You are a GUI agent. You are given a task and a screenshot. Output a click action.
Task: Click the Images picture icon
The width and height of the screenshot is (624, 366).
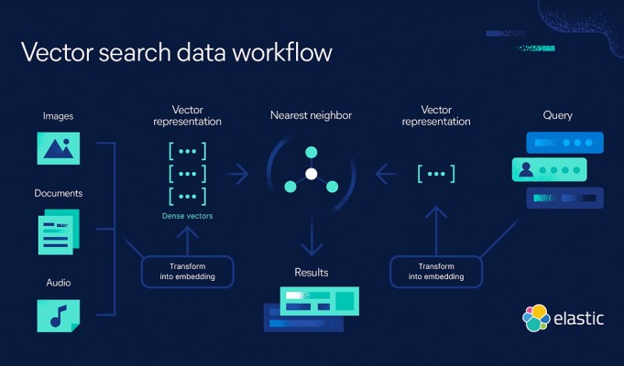coord(58,148)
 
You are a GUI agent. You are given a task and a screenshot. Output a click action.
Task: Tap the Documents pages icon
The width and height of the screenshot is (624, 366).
coord(59,232)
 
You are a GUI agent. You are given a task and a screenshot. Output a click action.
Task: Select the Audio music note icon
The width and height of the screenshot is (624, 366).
coord(58,316)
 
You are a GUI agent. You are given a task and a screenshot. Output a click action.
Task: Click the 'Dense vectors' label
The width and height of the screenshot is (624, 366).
coord(188,216)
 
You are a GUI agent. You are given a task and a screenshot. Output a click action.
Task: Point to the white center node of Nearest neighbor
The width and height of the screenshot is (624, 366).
coord(312,174)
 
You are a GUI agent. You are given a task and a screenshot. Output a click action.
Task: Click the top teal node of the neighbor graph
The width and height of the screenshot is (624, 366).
coord(312,152)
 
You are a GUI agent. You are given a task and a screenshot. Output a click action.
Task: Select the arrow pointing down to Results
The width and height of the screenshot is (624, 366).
coord(312,235)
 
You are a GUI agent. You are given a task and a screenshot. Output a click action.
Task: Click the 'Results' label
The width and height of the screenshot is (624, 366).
coord(312,273)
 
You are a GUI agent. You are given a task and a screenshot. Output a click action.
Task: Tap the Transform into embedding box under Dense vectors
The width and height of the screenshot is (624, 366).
coord(188,272)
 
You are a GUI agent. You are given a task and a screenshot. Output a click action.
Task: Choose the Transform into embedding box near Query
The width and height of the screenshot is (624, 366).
coord(436,272)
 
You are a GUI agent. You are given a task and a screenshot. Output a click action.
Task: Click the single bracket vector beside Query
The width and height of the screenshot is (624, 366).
coord(436,174)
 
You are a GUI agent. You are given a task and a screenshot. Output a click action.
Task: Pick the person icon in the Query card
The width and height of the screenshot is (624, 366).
coord(526,169)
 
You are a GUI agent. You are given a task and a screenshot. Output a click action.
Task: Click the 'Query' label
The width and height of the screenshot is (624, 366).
coord(557,115)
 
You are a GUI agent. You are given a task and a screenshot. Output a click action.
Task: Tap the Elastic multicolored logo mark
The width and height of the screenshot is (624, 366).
coord(536,318)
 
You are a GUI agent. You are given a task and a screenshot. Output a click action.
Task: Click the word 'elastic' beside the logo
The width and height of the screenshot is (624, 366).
coord(578,318)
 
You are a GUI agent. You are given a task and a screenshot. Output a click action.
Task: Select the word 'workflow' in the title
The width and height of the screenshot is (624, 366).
coord(282,52)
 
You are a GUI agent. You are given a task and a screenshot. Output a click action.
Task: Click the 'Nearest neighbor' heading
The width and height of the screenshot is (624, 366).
coord(312,115)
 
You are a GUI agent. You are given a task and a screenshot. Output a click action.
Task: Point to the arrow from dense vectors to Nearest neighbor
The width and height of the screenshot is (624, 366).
coord(237,174)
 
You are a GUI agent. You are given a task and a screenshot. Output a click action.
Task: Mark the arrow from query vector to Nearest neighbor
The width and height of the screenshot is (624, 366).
coord(386,174)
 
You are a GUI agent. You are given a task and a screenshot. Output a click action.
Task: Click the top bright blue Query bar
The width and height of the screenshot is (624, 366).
coord(564,143)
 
